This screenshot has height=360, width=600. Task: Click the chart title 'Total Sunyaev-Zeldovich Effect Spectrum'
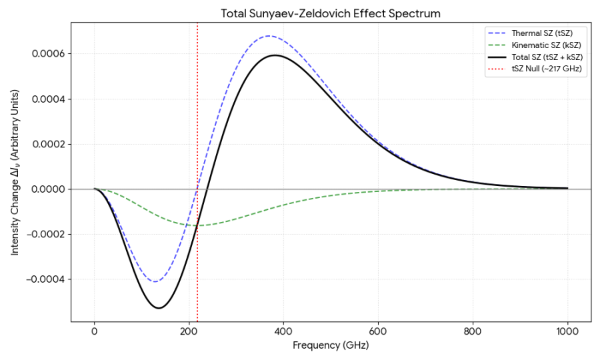point(331,13)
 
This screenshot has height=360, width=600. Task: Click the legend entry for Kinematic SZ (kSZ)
point(541,45)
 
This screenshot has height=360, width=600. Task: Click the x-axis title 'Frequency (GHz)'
point(331,347)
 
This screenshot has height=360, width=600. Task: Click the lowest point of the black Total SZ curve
point(159,308)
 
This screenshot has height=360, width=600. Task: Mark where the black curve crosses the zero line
point(207,189)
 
